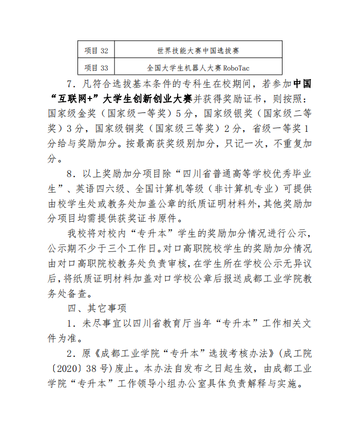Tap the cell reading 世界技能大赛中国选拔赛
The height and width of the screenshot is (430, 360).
click(x=198, y=51)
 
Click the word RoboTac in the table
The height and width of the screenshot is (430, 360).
click(x=236, y=68)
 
